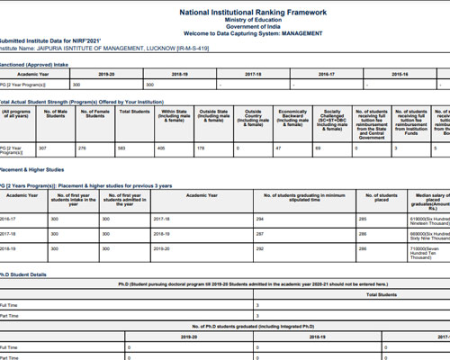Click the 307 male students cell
[x=42, y=148]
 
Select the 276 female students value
[x=83, y=148]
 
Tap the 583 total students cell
[x=123, y=148]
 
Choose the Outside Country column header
[x=254, y=115]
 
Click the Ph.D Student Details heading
[x=32, y=274]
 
